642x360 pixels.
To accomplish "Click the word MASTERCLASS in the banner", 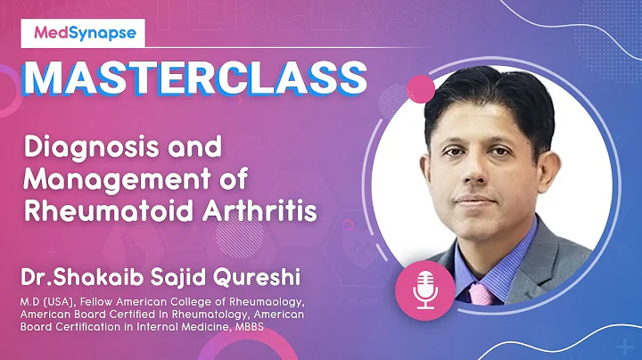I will (193, 78).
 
